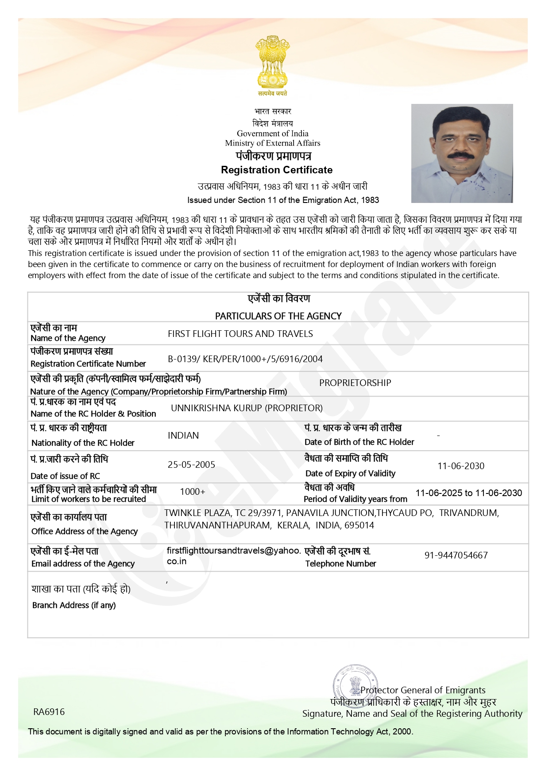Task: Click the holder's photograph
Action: click(462, 153)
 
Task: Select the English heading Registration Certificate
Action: click(277, 170)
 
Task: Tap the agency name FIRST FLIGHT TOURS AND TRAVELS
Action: click(240, 334)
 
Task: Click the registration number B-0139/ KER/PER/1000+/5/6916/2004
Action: click(245, 359)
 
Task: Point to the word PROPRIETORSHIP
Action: click(355, 383)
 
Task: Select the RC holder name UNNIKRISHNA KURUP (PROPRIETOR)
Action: click(247, 408)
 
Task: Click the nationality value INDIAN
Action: click(183, 436)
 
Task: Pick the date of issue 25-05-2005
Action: click(191, 465)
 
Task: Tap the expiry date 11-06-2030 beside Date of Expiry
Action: click(461, 466)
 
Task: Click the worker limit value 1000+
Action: click(193, 492)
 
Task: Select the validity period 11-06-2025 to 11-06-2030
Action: click(468, 493)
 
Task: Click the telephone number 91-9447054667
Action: click(456, 555)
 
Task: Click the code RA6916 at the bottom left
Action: click(49, 712)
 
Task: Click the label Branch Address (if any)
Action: click(74, 605)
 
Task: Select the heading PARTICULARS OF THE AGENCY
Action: click(278, 316)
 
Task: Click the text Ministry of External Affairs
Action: click(272, 143)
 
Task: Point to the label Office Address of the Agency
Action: click(85, 531)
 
